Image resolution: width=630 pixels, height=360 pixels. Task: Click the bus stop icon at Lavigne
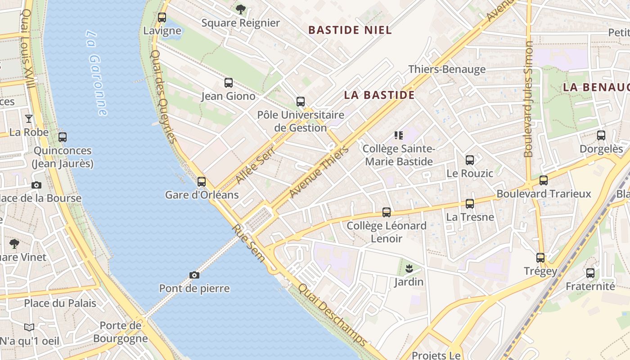click(x=162, y=18)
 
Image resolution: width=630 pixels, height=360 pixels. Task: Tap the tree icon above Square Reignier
click(x=241, y=9)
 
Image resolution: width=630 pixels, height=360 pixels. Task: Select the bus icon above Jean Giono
click(x=229, y=83)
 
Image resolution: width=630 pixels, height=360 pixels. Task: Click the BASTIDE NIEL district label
click(x=350, y=30)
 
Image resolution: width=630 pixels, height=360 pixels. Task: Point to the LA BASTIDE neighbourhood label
click(x=379, y=95)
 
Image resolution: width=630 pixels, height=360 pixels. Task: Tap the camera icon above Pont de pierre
click(x=194, y=275)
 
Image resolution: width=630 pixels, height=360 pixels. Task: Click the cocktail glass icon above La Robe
click(x=29, y=119)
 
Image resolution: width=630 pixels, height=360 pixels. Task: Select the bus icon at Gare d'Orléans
click(x=202, y=182)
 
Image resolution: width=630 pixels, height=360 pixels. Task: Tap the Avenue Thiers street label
click(x=319, y=172)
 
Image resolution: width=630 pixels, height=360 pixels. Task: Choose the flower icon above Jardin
click(x=409, y=269)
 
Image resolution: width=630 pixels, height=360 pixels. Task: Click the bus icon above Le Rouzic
click(x=470, y=160)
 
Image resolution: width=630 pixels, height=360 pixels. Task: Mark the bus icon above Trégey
click(x=540, y=258)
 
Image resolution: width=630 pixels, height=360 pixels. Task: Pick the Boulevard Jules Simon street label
click(x=529, y=99)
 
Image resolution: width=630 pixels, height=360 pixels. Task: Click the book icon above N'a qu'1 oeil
click(x=29, y=328)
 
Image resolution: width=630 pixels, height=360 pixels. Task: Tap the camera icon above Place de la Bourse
click(x=36, y=185)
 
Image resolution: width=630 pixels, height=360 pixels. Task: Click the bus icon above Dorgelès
click(x=601, y=135)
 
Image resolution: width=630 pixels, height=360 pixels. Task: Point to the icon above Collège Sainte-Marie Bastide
click(x=398, y=135)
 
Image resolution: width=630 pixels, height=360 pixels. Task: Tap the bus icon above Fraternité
click(x=590, y=273)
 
